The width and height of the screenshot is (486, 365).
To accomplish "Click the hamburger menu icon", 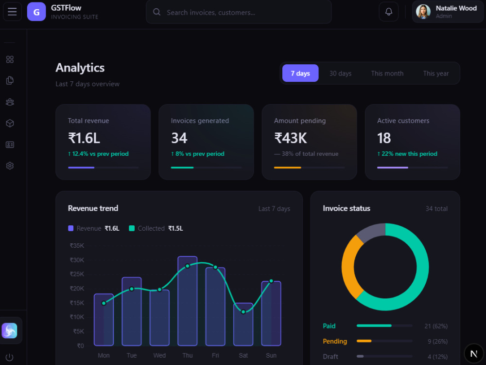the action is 12,12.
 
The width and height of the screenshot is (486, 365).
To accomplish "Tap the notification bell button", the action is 389,12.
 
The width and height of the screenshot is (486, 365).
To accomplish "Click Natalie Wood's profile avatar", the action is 423,12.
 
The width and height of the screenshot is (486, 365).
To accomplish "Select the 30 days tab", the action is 340,73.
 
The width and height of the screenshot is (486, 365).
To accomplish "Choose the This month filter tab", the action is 387,73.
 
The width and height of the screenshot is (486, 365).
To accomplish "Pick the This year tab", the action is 436,73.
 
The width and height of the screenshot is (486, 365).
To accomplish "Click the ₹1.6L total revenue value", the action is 84,138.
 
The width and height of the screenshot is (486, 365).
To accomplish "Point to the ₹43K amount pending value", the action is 291,138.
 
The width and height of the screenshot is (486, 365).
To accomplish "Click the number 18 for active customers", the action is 384,138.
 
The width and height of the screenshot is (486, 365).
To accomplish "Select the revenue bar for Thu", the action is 188,301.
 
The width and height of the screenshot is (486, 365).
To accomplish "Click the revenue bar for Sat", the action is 243,324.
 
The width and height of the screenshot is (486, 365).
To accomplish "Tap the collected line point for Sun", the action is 271,281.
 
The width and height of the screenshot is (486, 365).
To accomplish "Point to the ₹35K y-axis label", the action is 77,245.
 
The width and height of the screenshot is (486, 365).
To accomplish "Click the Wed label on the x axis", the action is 159,355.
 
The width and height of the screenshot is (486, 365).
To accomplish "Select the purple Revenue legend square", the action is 70,228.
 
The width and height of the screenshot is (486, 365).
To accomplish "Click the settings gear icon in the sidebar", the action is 10,166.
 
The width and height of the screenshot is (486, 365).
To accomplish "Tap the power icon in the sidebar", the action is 10,357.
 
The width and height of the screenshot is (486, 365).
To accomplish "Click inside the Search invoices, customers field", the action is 239,12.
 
